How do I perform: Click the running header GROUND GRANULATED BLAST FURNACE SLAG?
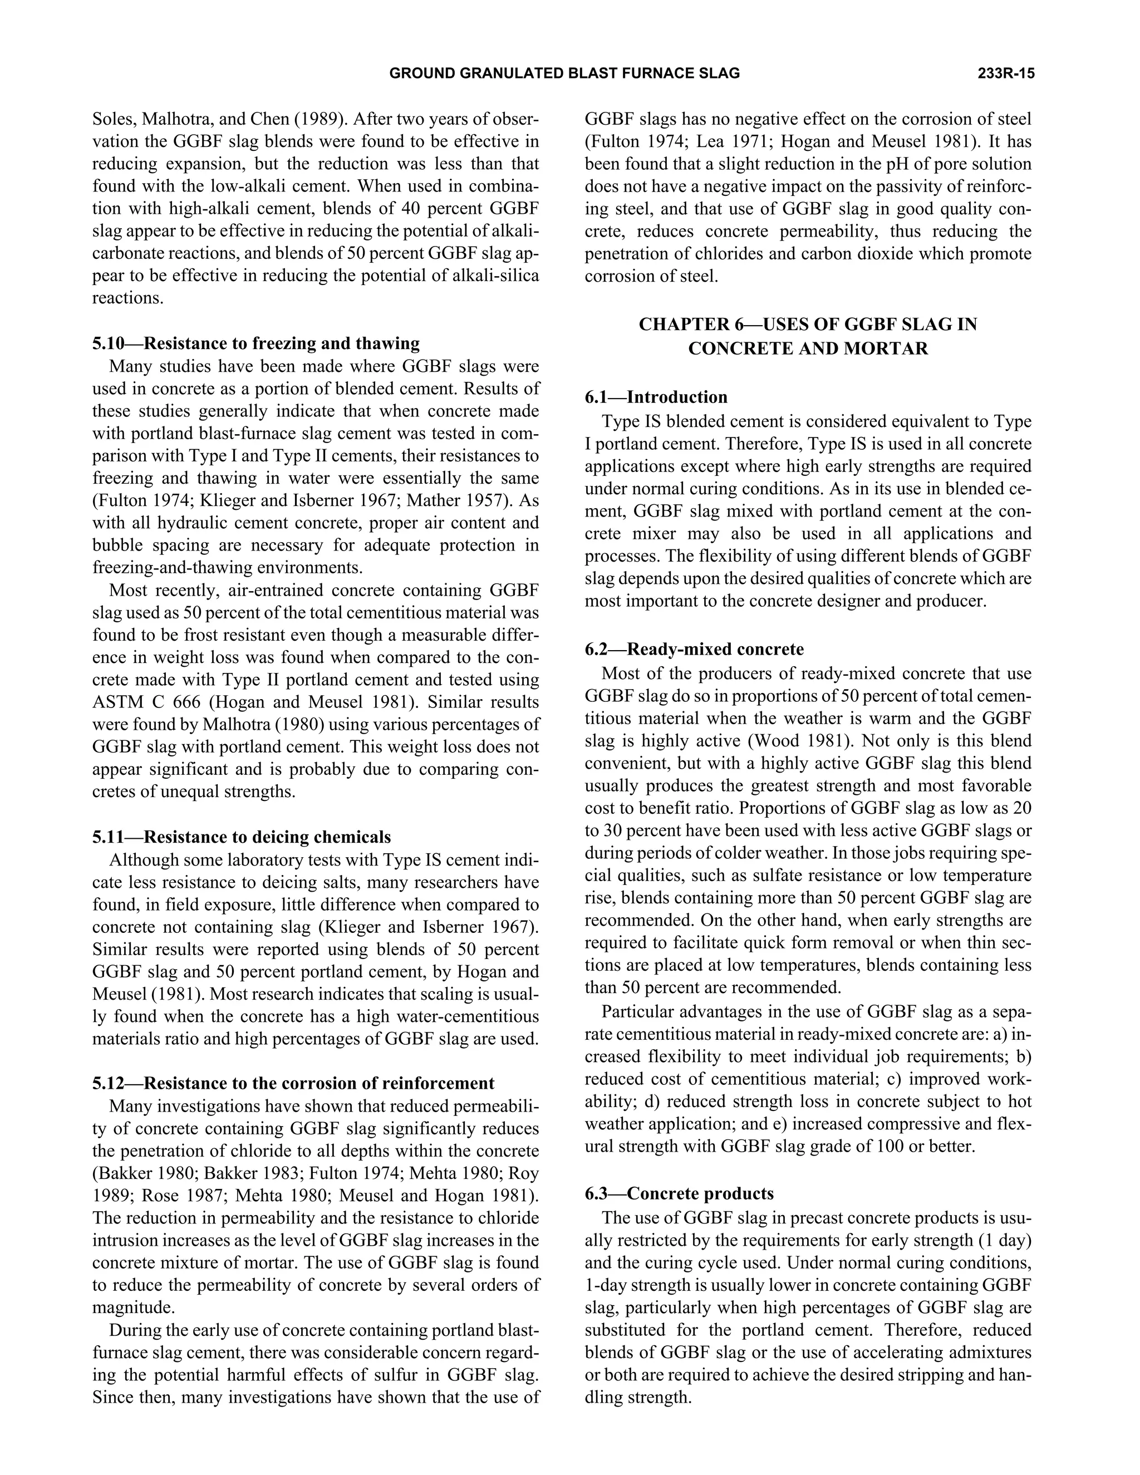564,73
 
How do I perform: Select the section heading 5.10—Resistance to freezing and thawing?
256,344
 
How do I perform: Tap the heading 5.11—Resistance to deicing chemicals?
242,837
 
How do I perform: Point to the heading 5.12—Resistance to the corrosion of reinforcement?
293,1083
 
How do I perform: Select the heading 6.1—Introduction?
656,397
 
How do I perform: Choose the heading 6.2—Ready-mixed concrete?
694,649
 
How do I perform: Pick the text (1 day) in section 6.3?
1004,1241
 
